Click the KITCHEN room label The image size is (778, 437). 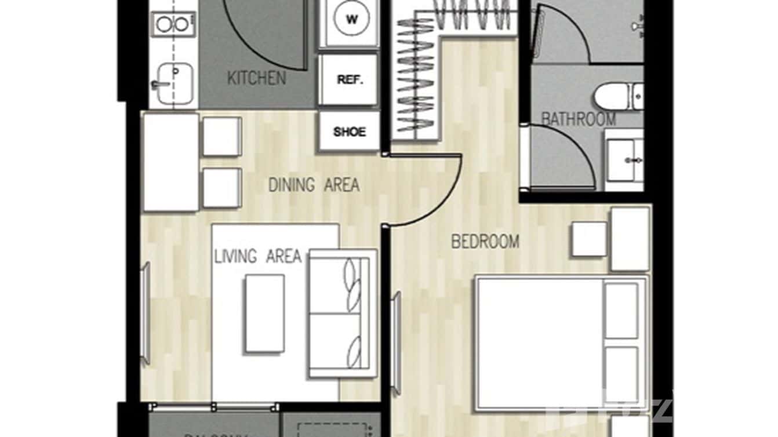256,78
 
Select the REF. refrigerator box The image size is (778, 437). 349,81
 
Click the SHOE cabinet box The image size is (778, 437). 349,132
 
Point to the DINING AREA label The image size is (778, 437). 314,185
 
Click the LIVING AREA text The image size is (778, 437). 258,256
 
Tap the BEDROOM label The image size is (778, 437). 485,242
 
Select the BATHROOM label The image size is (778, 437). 578,119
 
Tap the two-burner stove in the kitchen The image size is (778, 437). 173,24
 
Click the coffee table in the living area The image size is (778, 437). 264,314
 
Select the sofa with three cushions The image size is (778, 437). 342,314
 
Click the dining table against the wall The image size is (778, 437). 170,162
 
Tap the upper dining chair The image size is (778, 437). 221,136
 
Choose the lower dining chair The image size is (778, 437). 221,188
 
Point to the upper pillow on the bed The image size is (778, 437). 621,310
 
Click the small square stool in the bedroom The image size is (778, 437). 589,239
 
